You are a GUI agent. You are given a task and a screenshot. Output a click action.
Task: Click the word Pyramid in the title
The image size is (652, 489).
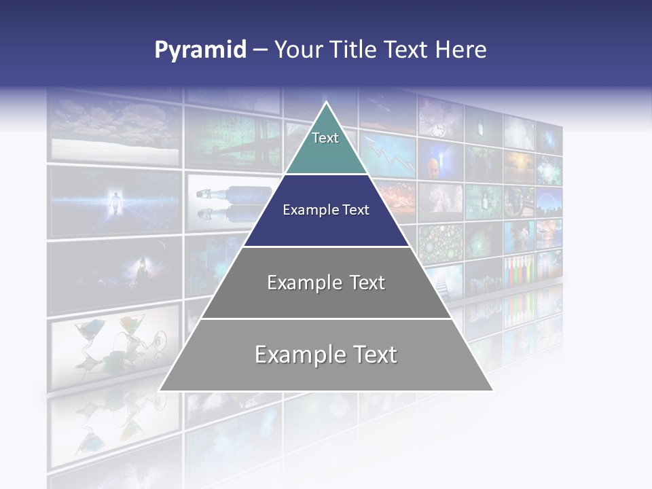(200, 50)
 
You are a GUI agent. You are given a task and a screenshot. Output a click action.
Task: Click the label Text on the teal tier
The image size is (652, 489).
(325, 139)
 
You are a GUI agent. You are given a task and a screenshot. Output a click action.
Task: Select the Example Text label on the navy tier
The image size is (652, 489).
(326, 211)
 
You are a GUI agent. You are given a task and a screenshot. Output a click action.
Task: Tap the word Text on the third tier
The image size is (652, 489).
(363, 283)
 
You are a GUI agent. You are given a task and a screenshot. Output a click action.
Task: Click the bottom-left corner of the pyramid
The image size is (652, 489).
(160, 390)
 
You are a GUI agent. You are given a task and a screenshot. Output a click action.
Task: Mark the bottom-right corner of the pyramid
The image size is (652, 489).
(492, 390)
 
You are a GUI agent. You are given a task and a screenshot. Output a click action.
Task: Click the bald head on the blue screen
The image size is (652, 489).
(433, 166)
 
